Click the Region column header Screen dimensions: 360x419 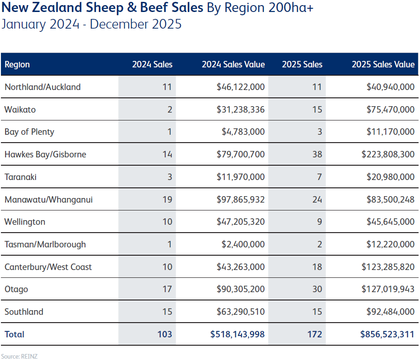[17, 65]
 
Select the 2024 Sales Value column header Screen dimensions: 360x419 [233, 65]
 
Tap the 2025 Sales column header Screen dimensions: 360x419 [302, 65]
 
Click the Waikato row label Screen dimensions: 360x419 [20, 109]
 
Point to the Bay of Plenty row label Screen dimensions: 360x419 [29, 132]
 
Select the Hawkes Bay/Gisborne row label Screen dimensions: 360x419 [45, 154]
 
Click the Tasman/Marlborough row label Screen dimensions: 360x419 [45, 244]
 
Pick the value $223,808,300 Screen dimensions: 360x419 [388, 154]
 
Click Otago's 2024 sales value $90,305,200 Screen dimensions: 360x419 [241, 289]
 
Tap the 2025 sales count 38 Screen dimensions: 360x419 [317, 154]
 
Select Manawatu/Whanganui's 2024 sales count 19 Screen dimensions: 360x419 [167, 199]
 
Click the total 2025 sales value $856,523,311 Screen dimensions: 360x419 [387, 334]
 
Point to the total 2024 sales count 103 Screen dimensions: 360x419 [164, 334]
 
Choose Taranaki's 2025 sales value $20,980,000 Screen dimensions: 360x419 [390, 177]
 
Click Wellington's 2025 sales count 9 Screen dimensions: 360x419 [319, 222]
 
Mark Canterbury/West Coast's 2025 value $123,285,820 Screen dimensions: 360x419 [388, 267]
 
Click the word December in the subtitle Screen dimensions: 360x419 [119, 24]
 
